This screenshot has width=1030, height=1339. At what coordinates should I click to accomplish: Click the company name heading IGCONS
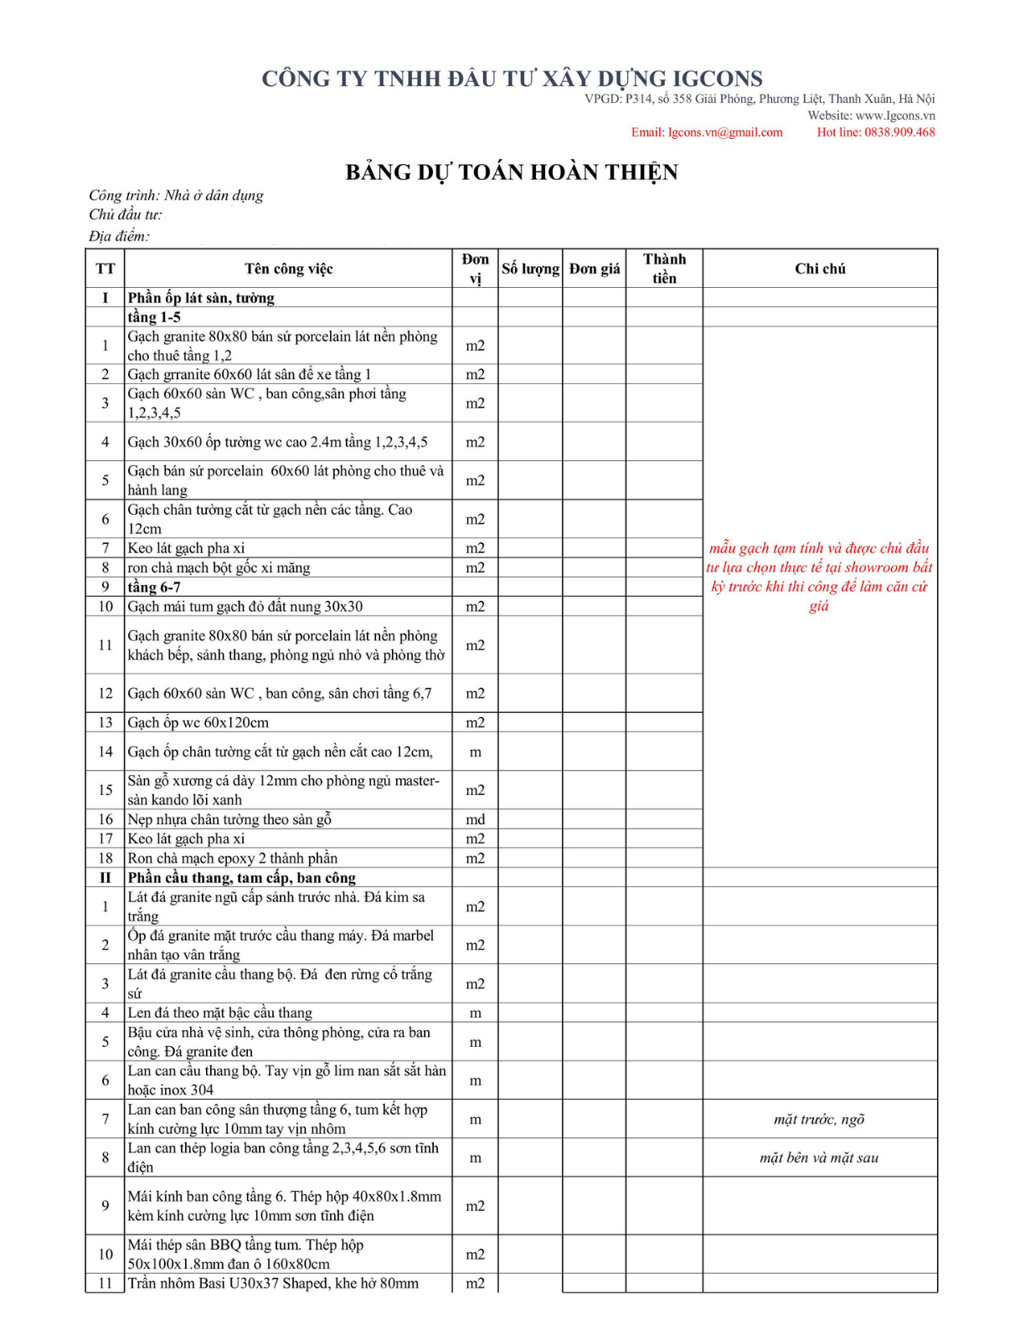click(512, 79)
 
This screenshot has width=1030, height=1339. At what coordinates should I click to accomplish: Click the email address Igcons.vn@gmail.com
click(707, 132)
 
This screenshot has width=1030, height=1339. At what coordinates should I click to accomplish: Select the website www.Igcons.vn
click(895, 115)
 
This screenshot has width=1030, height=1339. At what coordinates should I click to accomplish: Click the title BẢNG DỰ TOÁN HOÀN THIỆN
click(512, 172)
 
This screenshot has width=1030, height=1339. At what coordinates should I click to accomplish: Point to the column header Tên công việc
click(289, 269)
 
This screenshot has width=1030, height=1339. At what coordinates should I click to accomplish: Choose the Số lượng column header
click(530, 269)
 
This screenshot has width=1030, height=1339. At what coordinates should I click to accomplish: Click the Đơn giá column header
click(595, 269)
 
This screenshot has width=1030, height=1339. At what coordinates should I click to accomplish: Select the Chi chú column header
click(820, 269)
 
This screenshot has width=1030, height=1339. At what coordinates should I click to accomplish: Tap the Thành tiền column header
click(664, 269)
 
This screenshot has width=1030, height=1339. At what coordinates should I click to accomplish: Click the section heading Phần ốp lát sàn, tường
click(201, 298)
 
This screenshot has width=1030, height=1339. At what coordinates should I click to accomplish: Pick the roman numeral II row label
click(106, 878)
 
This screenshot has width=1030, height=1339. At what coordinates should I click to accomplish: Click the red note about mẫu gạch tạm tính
click(819, 577)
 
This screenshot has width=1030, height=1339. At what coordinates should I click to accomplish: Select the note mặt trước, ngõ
click(819, 1120)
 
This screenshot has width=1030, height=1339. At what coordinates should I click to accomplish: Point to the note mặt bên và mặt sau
click(819, 1158)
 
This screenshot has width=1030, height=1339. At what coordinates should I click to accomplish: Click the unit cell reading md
click(476, 820)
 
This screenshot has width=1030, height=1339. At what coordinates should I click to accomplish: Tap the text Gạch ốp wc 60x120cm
click(198, 723)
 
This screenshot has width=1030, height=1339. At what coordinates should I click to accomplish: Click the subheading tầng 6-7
click(154, 587)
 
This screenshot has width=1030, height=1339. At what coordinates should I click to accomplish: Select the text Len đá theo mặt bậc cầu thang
click(219, 1013)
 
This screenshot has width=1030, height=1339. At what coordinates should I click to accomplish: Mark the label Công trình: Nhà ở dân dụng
click(176, 196)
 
